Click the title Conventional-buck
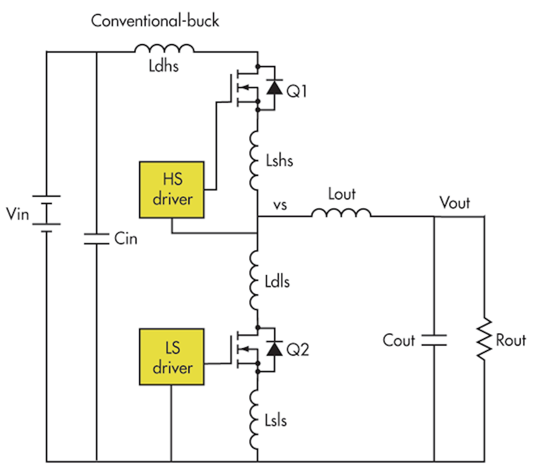[x=155, y=20]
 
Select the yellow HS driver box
[x=172, y=190]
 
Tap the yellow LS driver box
[x=172, y=357]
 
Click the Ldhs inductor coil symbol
[x=164, y=49]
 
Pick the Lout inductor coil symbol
[x=341, y=214]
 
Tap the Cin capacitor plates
[x=97, y=239]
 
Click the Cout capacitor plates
[x=434, y=340]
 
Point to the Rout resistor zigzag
[x=484, y=339]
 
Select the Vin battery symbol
[x=46, y=214]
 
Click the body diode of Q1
[x=274, y=87]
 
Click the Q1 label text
[x=297, y=91]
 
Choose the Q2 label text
[x=298, y=350]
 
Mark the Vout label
[x=455, y=203]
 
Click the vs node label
[x=280, y=205]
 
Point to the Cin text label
[x=126, y=238]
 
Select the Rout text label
[x=511, y=340]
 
